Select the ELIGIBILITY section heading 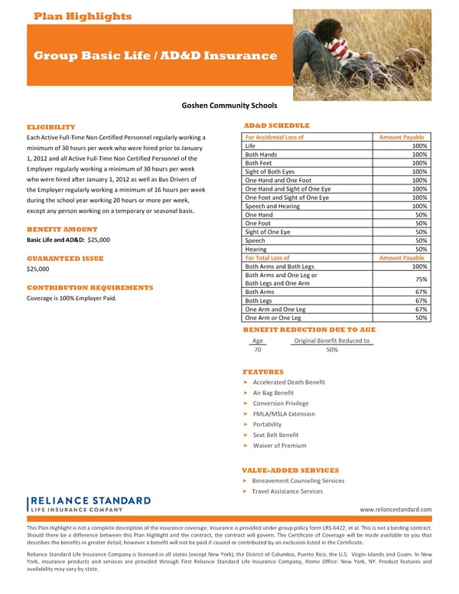[50, 126]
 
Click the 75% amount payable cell [419, 279]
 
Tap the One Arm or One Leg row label [273, 318]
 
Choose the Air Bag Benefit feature [273, 393]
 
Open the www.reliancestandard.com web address [396, 510]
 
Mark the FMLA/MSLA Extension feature [284, 414]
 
